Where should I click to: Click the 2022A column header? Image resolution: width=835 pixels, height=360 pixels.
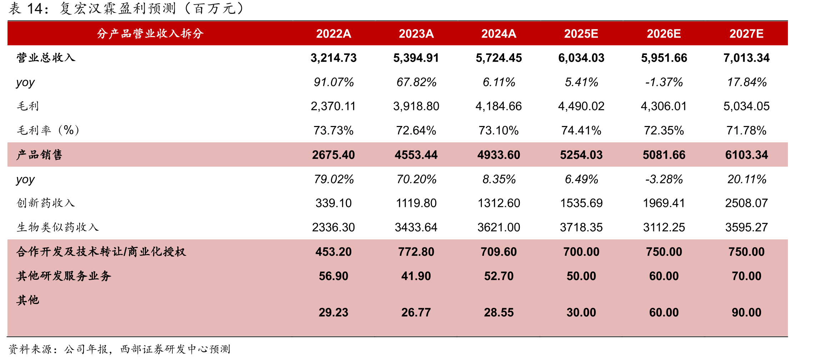[333, 34]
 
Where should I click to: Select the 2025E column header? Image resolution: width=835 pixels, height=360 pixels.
[581, 34]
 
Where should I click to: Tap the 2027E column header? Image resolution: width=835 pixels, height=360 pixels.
[746, 34]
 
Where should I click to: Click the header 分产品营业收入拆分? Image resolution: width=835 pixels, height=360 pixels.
[150, 34]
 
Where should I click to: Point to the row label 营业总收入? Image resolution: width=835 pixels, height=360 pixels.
[46, 58]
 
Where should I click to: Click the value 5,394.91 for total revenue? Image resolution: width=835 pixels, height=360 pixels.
[416, 58]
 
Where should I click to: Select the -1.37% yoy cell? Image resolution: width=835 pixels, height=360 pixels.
[664, 82]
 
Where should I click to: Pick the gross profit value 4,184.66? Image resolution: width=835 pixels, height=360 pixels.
[499, 106]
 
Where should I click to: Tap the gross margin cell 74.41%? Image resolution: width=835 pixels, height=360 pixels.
[581, 130]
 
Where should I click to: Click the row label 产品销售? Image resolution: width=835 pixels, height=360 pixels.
[40, 154]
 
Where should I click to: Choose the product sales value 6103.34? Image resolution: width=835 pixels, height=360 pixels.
[746, 155]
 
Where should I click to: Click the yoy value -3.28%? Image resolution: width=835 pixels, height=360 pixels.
[664, 179]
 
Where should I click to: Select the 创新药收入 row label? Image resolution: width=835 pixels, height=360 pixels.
[46, 203]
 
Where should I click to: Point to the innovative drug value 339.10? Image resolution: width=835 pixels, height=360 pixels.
[333, 203]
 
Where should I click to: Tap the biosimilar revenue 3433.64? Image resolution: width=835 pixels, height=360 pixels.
[416, 227]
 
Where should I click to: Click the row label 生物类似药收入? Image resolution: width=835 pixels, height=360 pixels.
[58, 227]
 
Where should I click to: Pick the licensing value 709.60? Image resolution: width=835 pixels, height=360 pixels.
[499, 252]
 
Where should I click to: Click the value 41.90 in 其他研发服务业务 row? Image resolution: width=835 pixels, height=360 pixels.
[416, 276]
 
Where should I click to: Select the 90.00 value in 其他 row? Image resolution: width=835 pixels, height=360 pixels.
[746, 312]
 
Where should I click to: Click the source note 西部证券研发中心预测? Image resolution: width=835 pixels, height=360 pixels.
[175, 349]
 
